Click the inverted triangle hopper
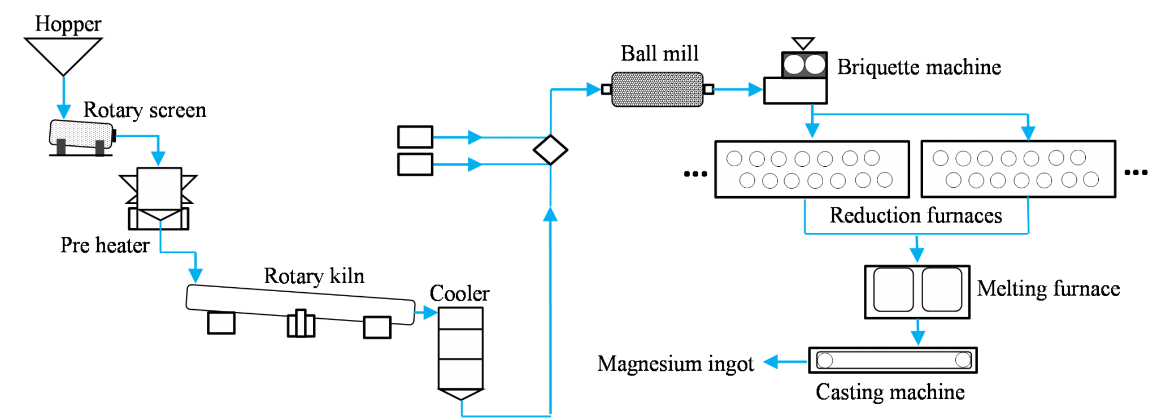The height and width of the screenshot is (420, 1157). (63, 53)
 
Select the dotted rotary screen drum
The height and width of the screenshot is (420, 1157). (81, 135)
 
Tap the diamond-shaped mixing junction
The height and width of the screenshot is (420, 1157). (550, 149)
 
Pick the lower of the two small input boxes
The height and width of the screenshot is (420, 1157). (415, 164)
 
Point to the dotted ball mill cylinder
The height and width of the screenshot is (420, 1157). (657, 89)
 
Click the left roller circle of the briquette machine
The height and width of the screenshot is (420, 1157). (794, 65)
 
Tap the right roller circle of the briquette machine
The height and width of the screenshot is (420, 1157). (814, 65)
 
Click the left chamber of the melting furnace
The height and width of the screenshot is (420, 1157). (893, 290)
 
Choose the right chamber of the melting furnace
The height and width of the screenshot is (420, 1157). (942, 290)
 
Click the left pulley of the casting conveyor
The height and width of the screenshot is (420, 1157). (825, 360)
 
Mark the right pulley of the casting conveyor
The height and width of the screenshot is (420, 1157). (962, 360)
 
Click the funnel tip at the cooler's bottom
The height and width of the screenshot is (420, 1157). (461, 395)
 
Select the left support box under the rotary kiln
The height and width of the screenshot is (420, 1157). (221, 323)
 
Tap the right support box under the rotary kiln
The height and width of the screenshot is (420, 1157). (376, 327)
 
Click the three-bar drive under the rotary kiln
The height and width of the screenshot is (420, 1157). (301, 324)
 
